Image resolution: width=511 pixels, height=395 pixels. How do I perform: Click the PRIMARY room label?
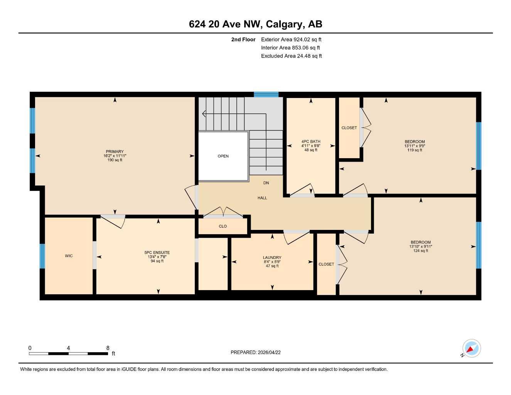(115, 152)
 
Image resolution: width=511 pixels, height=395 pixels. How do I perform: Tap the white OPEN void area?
(223, 156)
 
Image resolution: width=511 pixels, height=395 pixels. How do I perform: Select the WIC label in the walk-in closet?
(69, 256)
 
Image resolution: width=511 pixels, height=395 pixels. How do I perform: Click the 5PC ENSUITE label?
(157, 253)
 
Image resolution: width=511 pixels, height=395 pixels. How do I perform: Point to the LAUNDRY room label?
(272, 258)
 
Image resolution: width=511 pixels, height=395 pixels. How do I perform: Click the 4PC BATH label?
(310, 142)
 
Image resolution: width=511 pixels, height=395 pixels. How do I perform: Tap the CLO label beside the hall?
(223, 226)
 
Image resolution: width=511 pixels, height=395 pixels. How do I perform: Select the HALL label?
(262, 198)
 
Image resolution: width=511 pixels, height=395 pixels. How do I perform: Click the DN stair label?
(266, 183)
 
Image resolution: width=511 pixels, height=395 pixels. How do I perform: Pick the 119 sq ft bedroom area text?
(415, 150)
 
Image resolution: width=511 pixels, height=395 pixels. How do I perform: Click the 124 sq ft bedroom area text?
(420, 251)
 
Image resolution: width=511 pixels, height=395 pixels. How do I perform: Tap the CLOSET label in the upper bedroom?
(349, 128)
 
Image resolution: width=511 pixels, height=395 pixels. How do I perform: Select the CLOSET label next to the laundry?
(326, 264)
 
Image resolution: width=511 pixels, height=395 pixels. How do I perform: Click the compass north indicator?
(471, 349)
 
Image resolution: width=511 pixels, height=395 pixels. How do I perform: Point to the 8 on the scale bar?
(108, 348)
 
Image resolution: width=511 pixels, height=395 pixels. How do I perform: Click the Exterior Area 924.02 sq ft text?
(291, 39)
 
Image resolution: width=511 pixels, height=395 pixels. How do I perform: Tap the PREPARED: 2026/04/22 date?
(255, 352)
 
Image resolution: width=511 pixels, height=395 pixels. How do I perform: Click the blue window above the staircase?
(266, 94)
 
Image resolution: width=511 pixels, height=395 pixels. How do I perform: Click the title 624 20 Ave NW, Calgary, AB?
(255, 24)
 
